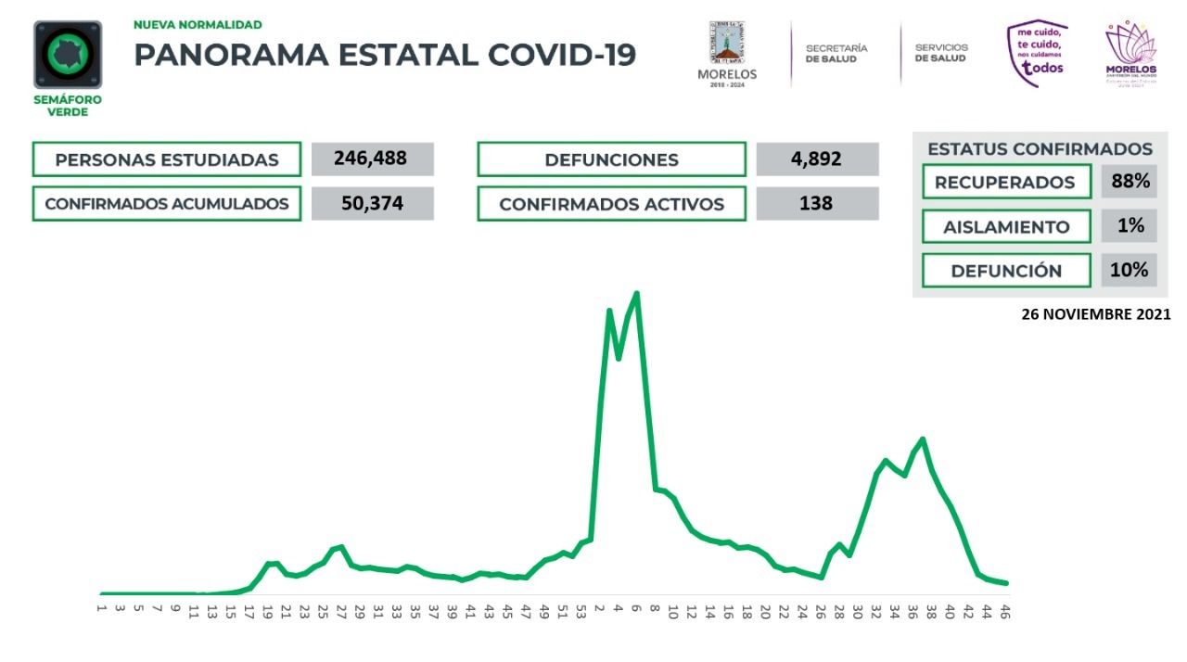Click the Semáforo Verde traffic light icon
pos(68,55)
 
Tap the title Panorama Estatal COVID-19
pos(385,55)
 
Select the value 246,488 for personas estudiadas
pos(372,159)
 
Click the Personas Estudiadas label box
pos(167,159)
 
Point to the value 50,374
pos(372,203)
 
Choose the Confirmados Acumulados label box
pos(167,203)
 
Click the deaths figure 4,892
pos(817,159)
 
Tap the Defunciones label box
pos(611,159)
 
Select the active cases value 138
pos(817,203)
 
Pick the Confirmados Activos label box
pos(611,204)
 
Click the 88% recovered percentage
pos(1130,181)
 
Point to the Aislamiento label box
pos(1006,226)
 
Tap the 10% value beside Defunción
pos(1130,270)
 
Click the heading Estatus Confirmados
pos(1040,148)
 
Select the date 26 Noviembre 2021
pos(1095,314)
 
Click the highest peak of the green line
pos(636,294)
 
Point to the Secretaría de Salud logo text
pos(836,53)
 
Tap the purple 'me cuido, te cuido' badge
pos(1038,54)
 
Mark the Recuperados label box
pos(1006,182)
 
